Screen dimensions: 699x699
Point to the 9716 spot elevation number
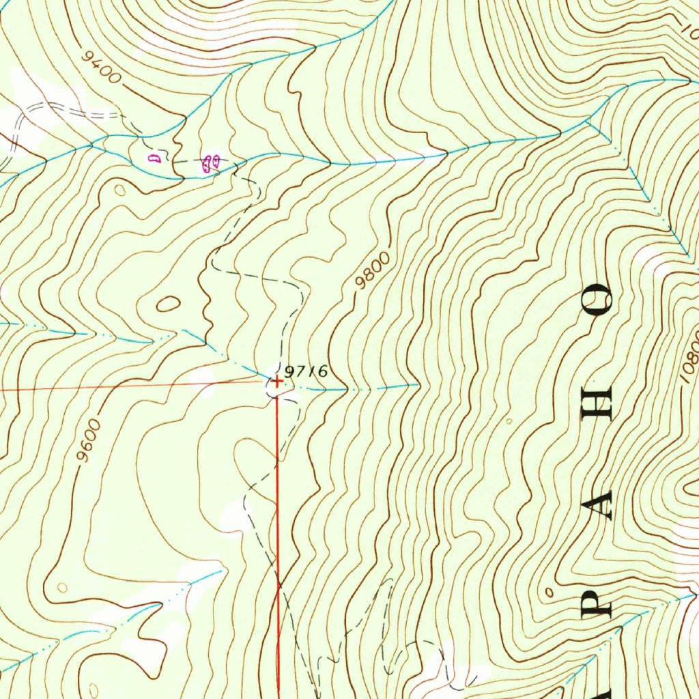306,371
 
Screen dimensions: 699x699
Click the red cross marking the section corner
276,382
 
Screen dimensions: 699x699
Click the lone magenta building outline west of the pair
154,159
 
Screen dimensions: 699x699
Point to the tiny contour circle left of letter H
509,421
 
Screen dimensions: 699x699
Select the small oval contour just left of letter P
550,592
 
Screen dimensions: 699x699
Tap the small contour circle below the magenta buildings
121,190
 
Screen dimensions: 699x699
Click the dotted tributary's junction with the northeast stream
587,122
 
